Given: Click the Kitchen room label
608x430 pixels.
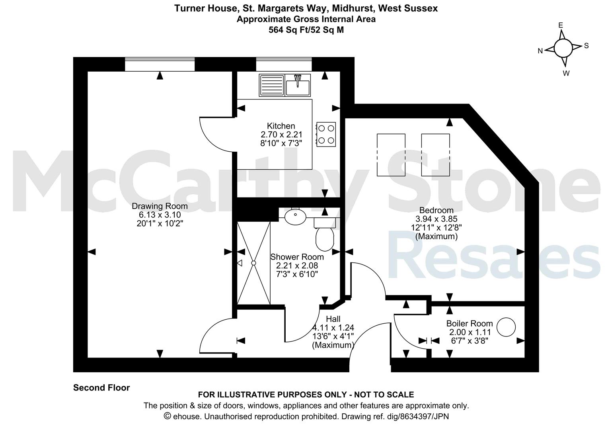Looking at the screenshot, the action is pyautogui.click(x=281, y=126).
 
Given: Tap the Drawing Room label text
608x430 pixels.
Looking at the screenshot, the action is pyautogui.click(x=160, y=206).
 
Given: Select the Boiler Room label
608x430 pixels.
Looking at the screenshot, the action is pyautogui.click(x=469, y=323).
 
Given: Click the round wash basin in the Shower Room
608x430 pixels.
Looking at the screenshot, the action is pyautogui.click(x=295, y=217).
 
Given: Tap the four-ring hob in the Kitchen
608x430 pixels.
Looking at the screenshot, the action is pyautogui.click(x=326, y=135).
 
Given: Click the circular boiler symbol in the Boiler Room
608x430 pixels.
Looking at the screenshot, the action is pyautogui.click(x=506, y=327).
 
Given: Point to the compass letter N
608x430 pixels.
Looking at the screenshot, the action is pyautogui.click(x=540, y=51).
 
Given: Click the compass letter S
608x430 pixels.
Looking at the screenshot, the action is pyautogui.click(x=586, y=46).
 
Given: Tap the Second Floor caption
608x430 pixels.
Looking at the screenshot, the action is pyautogui.click(x=101, y=387).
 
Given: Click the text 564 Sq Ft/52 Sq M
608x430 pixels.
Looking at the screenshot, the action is pyautogui.click(x=306, y=29).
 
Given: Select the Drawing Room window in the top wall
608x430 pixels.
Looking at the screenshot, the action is pyautogui.click(x=160, y=64).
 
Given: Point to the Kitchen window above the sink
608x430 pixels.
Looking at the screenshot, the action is pyautogui.click(x=284, y=64).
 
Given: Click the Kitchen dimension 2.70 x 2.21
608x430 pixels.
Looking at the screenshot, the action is pyautogui.click(x=281, y=135).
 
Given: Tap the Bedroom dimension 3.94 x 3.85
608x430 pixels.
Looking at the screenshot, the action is pyautogui.click(x=436, y=219).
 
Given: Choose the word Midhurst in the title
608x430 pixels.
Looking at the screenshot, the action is pyautogui.click(x=353, y=8).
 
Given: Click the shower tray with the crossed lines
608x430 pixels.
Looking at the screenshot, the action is pyautogui.click(x=253, y=263).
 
